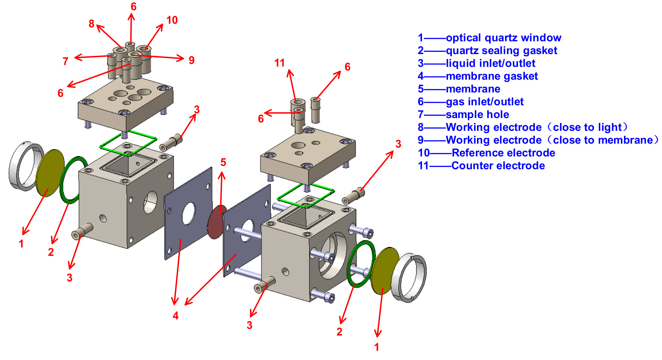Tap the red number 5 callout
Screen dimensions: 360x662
coord(223,162)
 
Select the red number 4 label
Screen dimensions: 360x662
coord(176,316)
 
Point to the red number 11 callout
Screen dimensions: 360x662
coord(279,63)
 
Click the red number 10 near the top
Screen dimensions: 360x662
coord(172,20)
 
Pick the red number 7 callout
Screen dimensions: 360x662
coord(65,61)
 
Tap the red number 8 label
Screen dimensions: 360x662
coord(91,24)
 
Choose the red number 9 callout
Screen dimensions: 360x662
coord(191,60)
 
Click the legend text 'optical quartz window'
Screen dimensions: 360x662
coord(503,38)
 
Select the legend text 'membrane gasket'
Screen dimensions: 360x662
coord(492,76)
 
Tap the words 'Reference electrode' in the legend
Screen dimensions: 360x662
coord(503,153)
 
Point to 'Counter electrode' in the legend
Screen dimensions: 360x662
coord(498,166)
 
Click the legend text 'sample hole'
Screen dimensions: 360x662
coord(477,114)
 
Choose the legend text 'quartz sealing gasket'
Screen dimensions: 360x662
coord(501,50)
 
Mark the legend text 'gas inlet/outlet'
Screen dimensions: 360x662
coord(485,102)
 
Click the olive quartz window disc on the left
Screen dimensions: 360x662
coord(50,173)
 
